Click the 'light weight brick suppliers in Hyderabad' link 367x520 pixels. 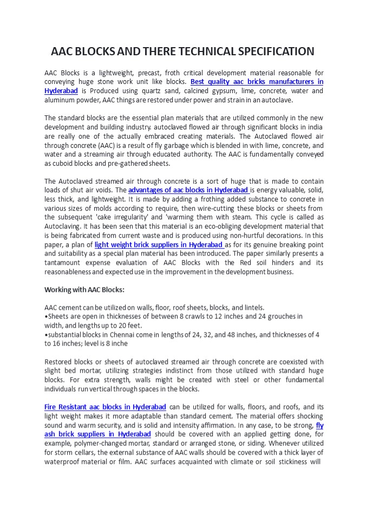click(159, 244)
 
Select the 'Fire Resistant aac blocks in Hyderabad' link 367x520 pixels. click(105, 407)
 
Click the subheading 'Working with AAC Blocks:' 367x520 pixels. click(84, 289)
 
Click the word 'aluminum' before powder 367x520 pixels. click(58, 100)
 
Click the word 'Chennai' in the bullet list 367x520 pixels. click(126, 334)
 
